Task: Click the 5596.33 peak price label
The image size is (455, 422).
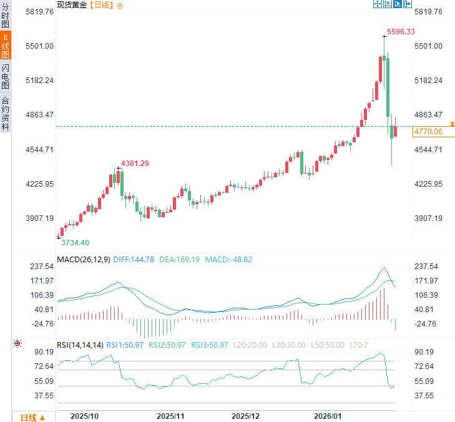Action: click(401, 31)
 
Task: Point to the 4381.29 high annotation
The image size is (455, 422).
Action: click(135, 163)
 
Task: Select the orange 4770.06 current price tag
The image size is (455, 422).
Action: click(428, 132)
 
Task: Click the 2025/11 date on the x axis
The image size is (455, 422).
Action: click(170, 416)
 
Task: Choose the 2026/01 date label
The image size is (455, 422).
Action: click(327, 416)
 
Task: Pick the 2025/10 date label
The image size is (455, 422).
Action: click(84, 416)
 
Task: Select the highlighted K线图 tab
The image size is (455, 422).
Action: click(6, 47)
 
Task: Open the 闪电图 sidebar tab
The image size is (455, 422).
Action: click(6, 76)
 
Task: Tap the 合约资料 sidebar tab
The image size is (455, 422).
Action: click(6, 113)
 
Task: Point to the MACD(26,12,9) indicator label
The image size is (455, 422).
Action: click(84, 259)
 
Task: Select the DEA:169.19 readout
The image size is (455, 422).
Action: click(180, 259)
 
